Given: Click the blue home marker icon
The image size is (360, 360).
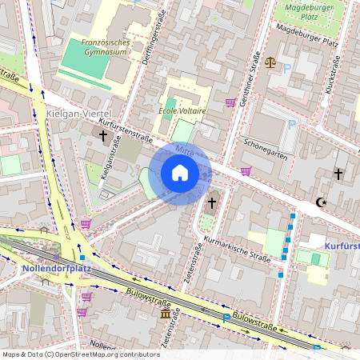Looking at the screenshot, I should [179, 173].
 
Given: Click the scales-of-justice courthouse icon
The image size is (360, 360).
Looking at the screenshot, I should [270, 62].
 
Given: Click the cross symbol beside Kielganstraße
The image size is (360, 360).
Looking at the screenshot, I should [102, 136].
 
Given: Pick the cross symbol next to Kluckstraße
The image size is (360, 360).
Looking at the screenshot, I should [338, 173].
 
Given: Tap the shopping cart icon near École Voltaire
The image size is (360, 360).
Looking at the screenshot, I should [230, 102].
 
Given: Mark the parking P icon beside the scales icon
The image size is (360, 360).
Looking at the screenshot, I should [286, 69].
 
